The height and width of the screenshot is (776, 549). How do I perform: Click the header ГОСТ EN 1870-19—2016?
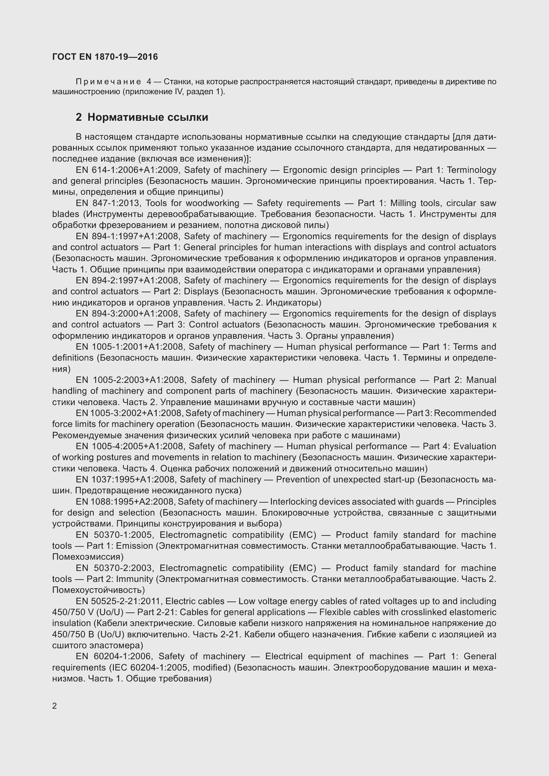pyautogui.click(x=105, y=57)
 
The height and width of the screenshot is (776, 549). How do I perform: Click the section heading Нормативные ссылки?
pyautogui.click(x=147, y=117)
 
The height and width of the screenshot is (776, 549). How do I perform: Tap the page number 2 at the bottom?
pyautogui.click(x=54, y=706)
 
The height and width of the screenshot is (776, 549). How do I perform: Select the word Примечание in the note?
pyautogui.click(x=108, y=82)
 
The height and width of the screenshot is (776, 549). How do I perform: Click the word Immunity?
pyautogui.click(x=134, y=579)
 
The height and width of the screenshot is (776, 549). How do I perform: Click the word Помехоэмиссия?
pyautogui.click(x=88, y=557)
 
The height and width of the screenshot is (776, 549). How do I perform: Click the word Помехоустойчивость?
pyautogui.click(x=98, y=590)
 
